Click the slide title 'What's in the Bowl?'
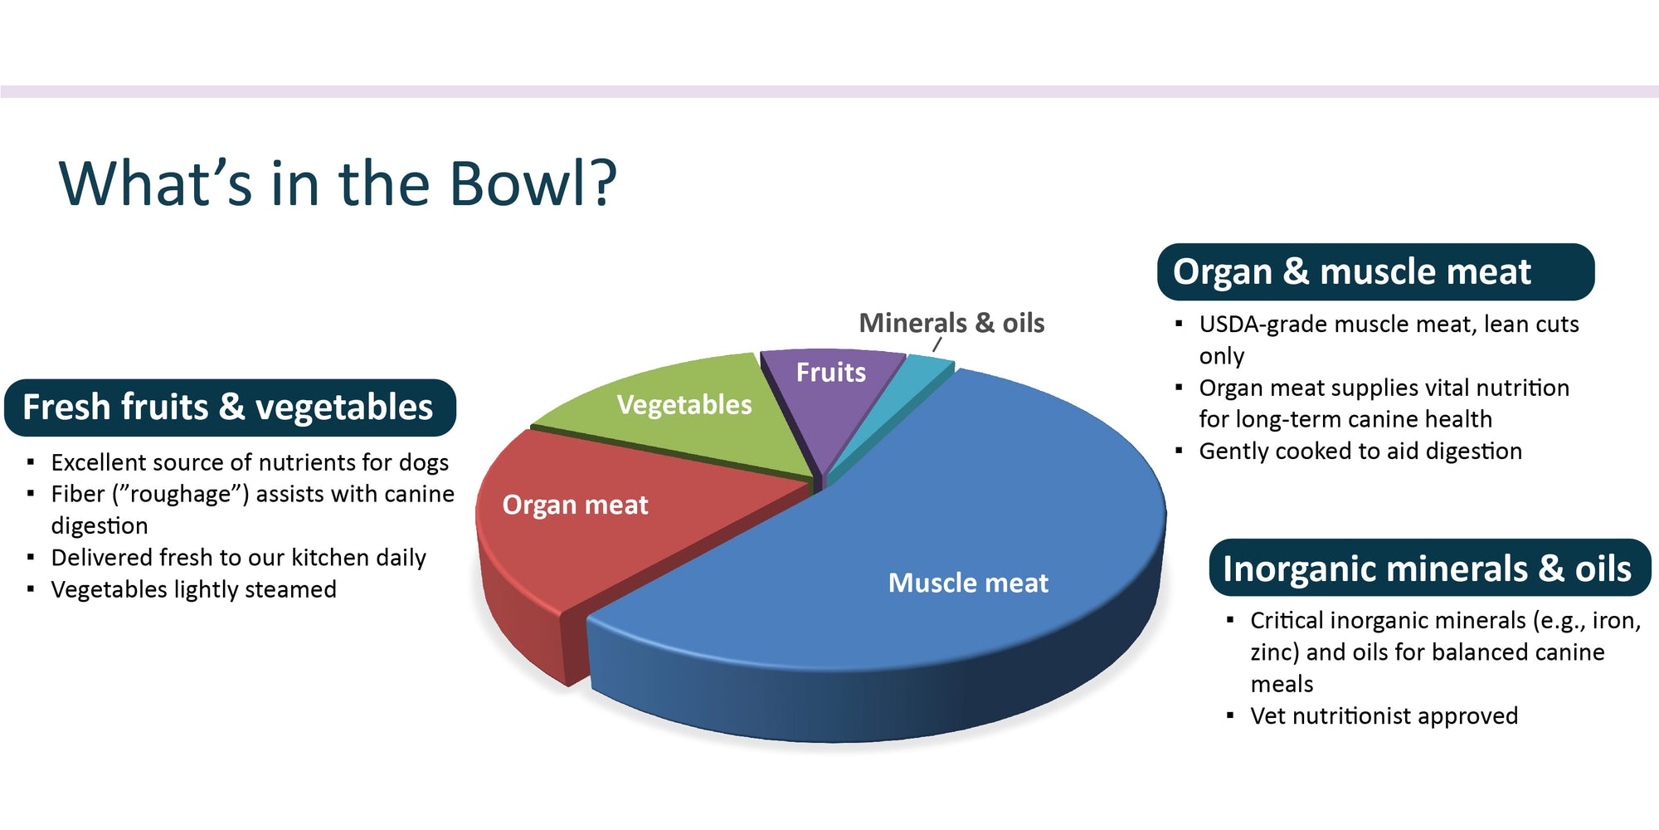tap(338, 183)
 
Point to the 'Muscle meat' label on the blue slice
tap(968, 583)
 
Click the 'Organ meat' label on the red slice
tap(575, 505)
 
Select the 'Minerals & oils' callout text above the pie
tap(951, 323)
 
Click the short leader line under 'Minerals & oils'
tap(937, 344)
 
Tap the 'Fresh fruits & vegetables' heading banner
tap(230, 408)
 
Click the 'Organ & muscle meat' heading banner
tap(1374, 272)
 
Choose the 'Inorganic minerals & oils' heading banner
tap(1428, 569)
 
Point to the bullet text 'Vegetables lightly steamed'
tap(193, 589)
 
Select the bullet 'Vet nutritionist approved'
tap(1384, 716)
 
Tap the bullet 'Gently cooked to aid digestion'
tap(1360, 452)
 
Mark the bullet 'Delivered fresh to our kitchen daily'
tap(238, 558)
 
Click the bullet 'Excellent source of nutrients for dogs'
tap(249, 462)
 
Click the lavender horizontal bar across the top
tap(829, 91)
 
